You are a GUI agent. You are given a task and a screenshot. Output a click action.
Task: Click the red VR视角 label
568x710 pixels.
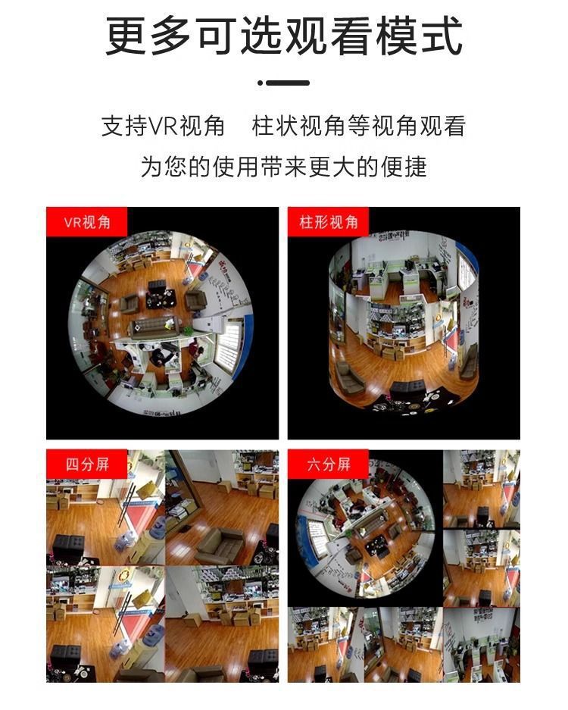(87, 223)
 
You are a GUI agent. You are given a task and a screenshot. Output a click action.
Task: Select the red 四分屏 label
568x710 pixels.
(87, 464)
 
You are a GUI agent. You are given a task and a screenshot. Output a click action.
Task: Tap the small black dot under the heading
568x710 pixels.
(260, 83)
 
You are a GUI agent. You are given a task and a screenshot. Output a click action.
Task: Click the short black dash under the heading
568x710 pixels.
(289, 83)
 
